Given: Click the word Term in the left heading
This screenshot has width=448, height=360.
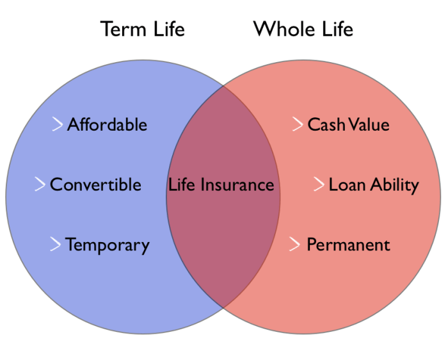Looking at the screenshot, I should [x=121, y=29].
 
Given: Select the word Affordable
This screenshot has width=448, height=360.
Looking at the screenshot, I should [x=107, y=124].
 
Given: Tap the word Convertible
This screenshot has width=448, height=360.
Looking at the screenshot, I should [x=95, y=184].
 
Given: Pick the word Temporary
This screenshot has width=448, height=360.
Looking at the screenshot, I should [x=107, y=245].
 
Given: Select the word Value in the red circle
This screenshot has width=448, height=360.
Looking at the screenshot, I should [x=367, y=124].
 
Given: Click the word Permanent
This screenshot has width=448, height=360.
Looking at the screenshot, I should [x=348, y=245].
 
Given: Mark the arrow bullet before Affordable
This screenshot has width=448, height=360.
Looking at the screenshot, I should [x=58, y=124].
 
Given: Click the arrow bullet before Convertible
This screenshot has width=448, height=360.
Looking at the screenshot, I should [x=40, y=184].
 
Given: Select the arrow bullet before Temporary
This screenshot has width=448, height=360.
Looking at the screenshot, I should [x=56, y=244].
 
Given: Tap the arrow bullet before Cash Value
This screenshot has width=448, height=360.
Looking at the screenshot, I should [x=297, y=124].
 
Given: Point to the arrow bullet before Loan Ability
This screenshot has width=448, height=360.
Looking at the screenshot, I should [x=319, y=184].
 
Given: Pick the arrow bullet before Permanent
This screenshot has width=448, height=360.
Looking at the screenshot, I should [x=295, y=244].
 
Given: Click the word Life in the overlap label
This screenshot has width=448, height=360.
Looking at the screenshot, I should [x=182, y=185].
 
